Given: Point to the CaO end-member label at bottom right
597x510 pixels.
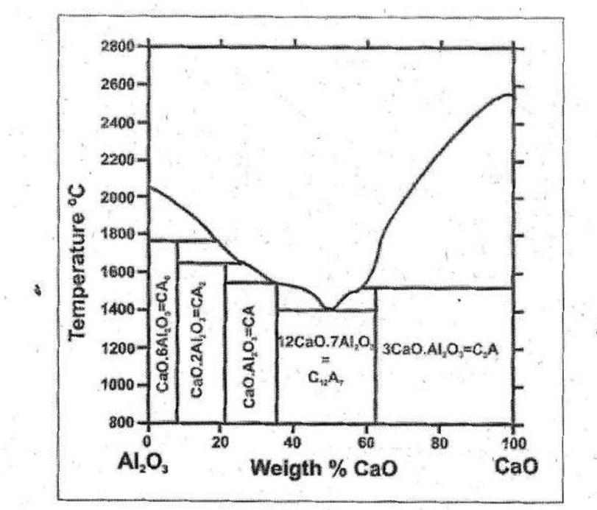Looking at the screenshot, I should coord(510,465).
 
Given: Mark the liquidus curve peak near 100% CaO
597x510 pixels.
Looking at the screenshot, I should coord(509,94).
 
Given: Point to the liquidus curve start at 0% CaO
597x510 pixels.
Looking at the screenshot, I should coord(150,188).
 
